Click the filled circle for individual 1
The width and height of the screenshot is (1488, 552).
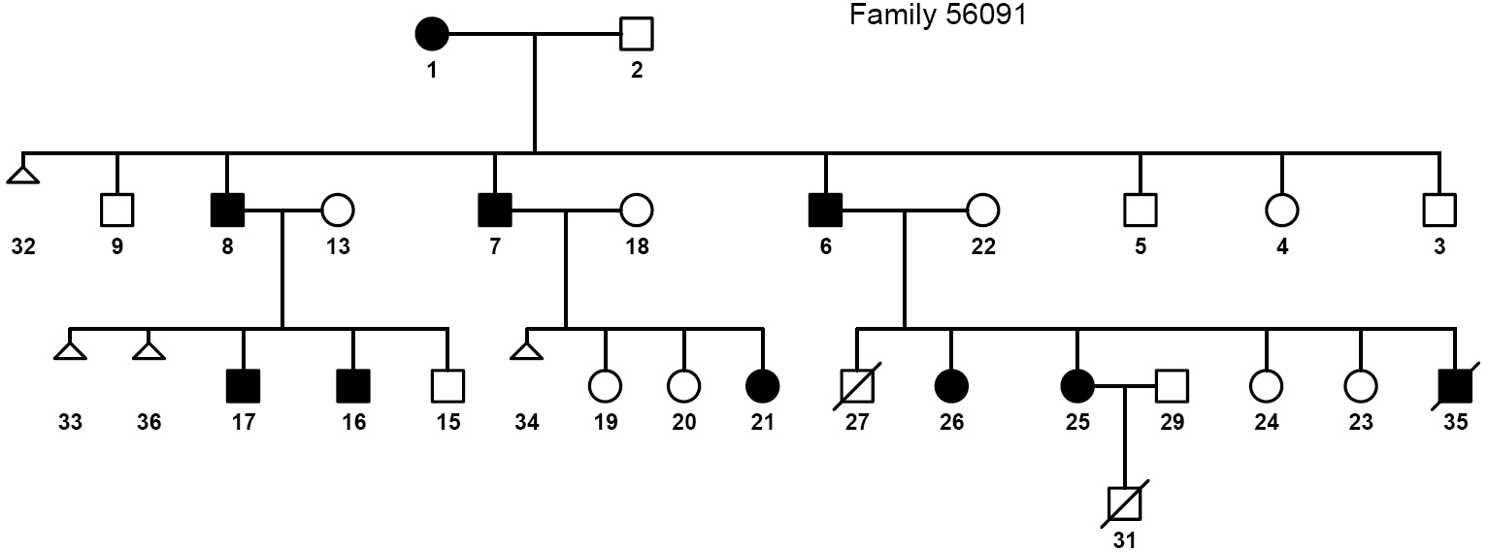coord(432,35)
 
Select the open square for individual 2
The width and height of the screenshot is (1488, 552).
coord(637,35)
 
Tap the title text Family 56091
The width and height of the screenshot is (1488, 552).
coord(937,16)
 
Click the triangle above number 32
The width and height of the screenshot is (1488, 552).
coord(23,175)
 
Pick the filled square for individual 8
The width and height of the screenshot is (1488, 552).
coord(227,209)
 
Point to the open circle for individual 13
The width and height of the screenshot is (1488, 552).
coord(338,209)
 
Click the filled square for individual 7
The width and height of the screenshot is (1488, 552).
coord(495,209)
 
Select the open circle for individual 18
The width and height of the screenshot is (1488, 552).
coord(637,209)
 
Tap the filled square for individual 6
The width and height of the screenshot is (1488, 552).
coord(825,209)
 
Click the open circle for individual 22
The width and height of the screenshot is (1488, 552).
coord(982,209)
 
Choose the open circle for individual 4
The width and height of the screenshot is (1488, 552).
coord(1281,209)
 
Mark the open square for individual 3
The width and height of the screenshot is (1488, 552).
coord(1439,209)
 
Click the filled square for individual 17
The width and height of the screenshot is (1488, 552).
coord(243,386)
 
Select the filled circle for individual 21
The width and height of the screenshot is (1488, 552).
coord(762,386)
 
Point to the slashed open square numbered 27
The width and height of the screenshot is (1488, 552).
coord(857,386)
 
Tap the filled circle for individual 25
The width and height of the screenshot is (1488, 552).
coord(1077,386)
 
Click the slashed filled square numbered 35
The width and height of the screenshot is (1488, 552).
coord(1455,386)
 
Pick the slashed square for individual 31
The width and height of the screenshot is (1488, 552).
coord(1124,503)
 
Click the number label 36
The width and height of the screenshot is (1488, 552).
coord(149,423)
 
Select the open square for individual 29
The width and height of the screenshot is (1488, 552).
coord(1172,386)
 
